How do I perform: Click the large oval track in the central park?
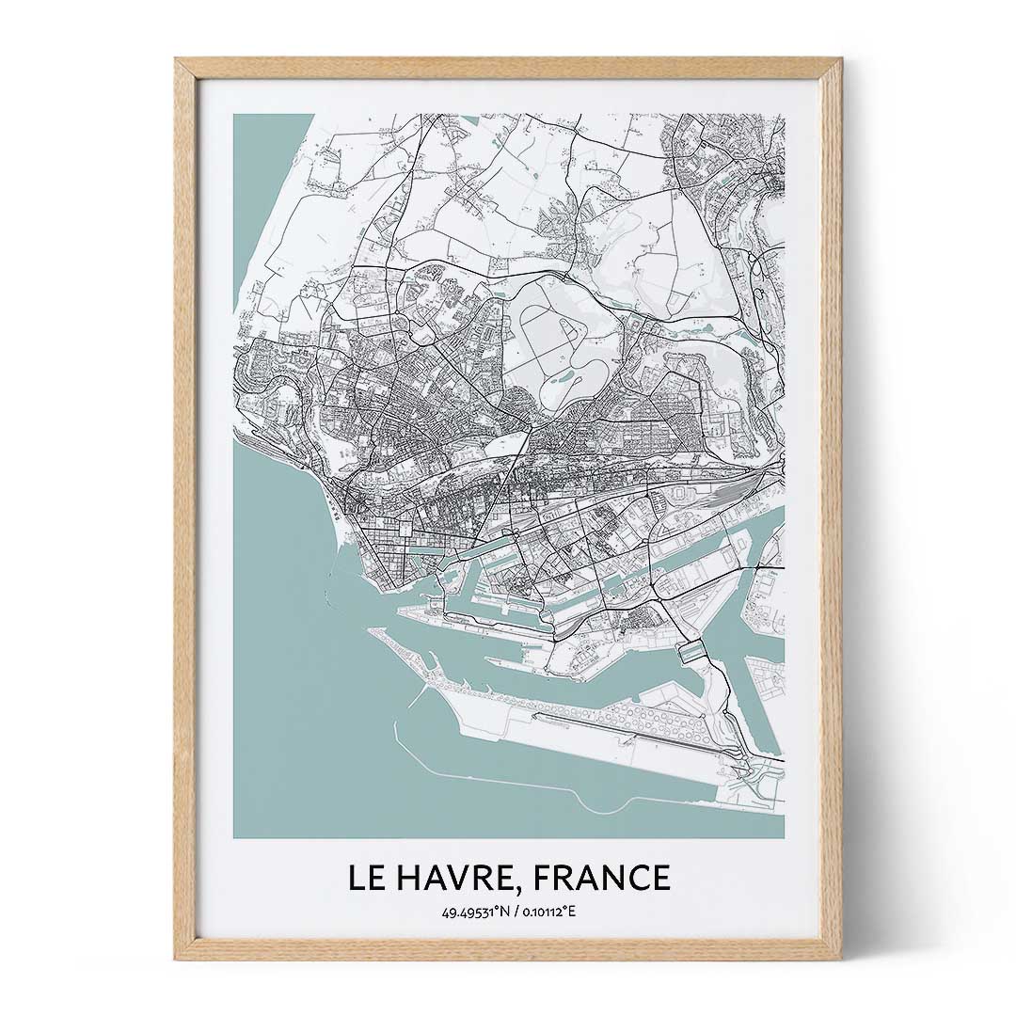pos(548,336)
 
